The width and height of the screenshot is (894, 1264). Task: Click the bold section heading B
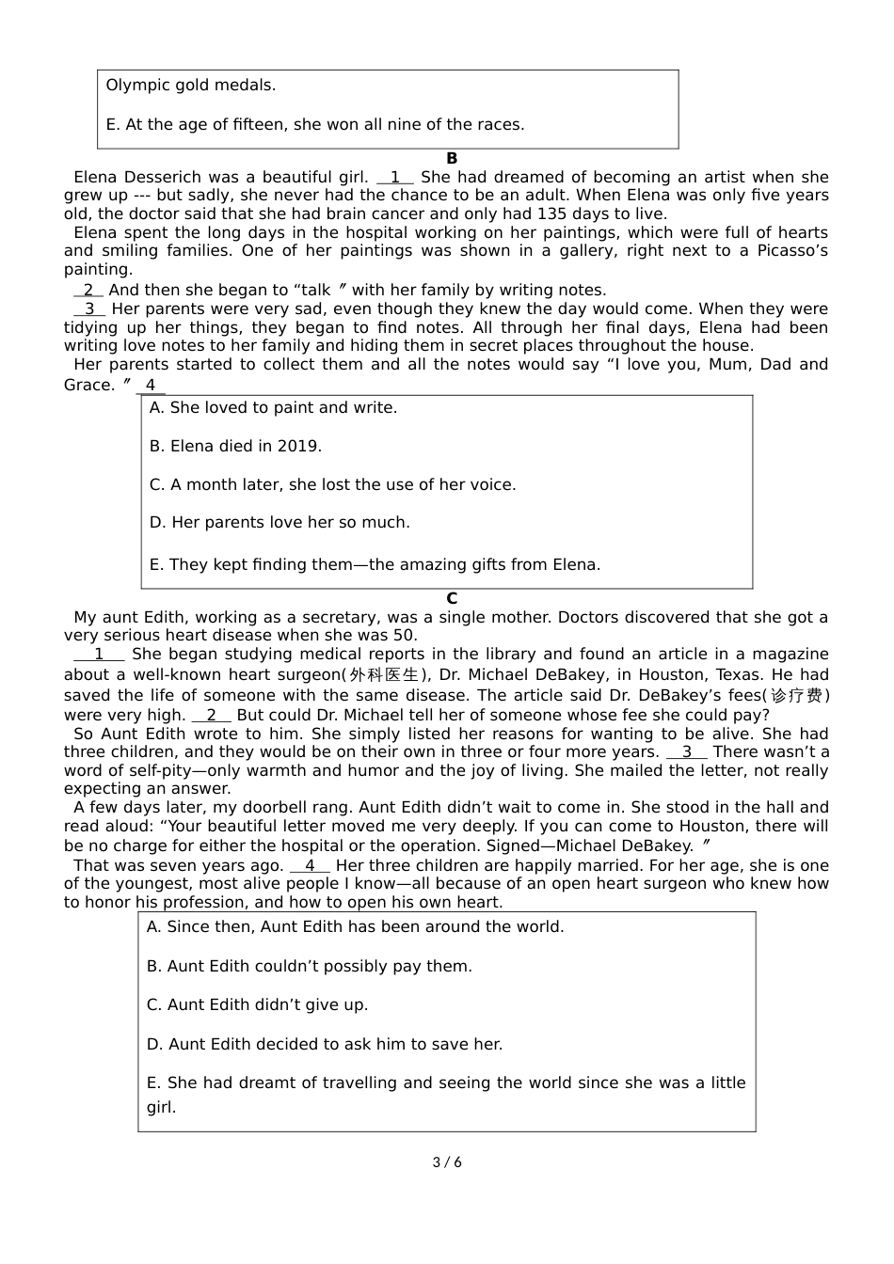pos(452,159)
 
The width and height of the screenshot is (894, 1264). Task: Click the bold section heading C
pos(452,599)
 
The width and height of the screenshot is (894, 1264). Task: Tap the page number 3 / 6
pos(447,1162)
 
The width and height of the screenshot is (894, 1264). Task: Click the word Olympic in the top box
pos(136,86)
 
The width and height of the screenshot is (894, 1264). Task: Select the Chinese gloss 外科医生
pos(384,675)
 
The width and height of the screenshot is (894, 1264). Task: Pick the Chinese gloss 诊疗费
pos(797,696)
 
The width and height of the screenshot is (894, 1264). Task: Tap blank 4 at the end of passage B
pos(151,386)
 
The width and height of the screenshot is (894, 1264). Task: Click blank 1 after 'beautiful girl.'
pos(395,178)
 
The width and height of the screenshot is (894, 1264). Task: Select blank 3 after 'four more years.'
pos(687,752)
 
